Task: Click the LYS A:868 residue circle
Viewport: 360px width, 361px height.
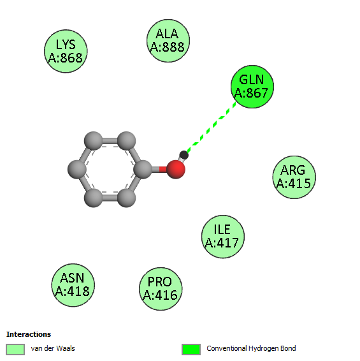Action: [66, 51]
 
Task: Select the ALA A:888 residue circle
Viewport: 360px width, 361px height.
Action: [168, 41]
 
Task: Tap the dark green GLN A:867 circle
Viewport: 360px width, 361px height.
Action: [252, 87]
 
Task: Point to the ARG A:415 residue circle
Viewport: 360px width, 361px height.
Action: [294, 177]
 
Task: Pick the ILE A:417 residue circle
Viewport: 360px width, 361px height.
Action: [223, 237]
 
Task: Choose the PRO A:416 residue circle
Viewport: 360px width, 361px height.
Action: [161, 289]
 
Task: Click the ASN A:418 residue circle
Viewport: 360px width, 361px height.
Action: [73, 285]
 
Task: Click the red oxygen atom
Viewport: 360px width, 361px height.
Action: [176, 170]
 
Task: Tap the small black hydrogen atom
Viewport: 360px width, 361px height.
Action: [184, 155]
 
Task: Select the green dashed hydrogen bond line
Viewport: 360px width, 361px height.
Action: [212, 128]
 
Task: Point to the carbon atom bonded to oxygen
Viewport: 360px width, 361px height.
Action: [143, 170]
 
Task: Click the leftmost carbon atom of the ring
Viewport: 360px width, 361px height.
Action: [77, 170]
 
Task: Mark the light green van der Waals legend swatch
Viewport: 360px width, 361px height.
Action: [15, 350]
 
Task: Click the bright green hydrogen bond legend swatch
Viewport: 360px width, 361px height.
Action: [191, 350]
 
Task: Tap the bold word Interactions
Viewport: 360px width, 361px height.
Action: [29, 334]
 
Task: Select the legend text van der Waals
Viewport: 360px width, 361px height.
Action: [53, 348]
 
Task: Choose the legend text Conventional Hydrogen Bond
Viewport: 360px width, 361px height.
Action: [251, 348]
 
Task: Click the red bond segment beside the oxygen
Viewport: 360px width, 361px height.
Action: [163, 170]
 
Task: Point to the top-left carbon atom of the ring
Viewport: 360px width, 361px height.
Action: [94, 141]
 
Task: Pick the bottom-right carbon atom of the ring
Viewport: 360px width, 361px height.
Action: [126, 198]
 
